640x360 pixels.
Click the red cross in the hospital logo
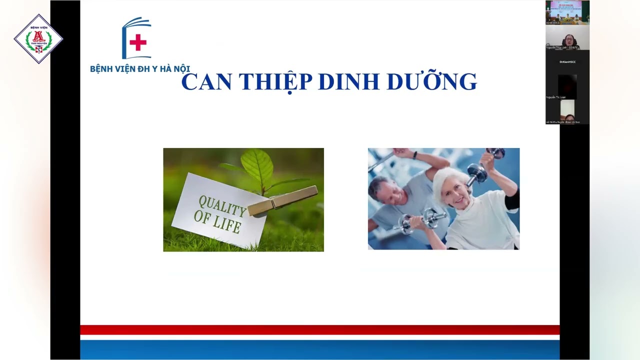[x=138, y=42]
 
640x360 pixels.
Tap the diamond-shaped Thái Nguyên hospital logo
[x=38, y=38]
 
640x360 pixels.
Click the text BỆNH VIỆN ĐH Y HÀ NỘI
[x=140, y=69]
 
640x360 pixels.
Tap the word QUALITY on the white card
[x=222, y=205]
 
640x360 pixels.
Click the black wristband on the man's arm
[x=414, y=155]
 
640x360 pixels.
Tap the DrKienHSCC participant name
[x=567, y=61]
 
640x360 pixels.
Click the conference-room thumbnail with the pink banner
[x=567, y=12]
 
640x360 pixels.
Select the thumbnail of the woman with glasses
[x=567, y=37]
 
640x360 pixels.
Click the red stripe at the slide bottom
[x=320, y=330]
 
